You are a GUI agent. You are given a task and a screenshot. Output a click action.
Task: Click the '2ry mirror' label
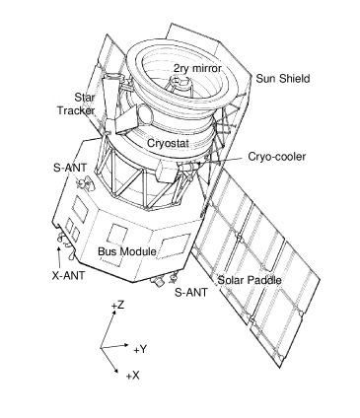(x=195, y=68)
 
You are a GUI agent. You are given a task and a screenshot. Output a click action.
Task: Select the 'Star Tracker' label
(x=83, y=105)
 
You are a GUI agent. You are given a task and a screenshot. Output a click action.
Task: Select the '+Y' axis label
(x=141, y=348)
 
